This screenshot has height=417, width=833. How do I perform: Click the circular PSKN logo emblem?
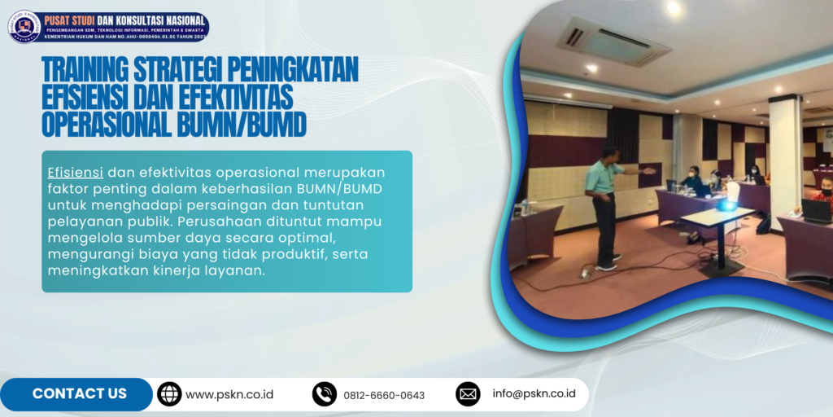click(24, 26)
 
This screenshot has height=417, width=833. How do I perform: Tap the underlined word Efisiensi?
click(76, 173)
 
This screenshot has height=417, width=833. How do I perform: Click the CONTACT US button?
click(79, 394)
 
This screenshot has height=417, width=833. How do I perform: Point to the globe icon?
click(169, 394)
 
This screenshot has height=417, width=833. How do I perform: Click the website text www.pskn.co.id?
click(229, 395)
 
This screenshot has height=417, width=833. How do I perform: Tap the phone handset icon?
click(325, 394)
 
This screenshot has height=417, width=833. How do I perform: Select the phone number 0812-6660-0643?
click(384, 395)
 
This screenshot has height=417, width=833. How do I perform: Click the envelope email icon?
click(468, 394)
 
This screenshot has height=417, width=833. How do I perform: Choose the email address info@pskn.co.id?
click(534, 393)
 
